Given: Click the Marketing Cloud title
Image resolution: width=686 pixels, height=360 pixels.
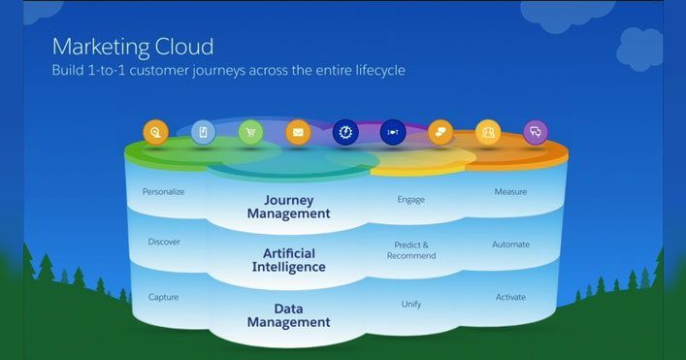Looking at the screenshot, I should pos(132,46).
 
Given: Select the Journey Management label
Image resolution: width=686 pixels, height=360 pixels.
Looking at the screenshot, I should pos(289,207).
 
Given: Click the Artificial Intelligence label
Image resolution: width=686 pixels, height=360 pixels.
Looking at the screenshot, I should pos(288,259).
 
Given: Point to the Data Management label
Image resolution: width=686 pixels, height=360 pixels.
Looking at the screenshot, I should pos(289,314).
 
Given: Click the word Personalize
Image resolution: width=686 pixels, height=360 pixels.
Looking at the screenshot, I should pos(163,191).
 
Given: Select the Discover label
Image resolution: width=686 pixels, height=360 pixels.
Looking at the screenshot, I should pos(163,242).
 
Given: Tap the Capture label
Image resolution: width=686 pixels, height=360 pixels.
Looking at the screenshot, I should pos(163,296).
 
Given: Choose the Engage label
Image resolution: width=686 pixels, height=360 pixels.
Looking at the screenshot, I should pos(411,199).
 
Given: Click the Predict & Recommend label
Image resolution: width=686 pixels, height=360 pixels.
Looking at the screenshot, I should pos(411,250).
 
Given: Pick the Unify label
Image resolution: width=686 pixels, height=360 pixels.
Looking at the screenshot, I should pos(411,304).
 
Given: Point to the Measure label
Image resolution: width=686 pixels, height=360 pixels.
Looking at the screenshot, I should pos(510,191).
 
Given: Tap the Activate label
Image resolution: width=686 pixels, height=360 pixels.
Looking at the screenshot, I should pos(510,296).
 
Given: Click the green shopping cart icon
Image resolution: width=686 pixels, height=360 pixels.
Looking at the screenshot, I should pos(250,132).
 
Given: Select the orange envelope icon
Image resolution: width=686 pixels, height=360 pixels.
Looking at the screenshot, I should pos(298,132).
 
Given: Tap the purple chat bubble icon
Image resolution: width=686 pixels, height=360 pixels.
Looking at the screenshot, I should pos(535,132).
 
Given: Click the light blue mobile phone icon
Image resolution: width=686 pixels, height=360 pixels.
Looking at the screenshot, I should pos(203,132).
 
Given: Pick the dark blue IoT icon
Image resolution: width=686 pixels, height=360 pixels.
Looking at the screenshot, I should pos(393,132).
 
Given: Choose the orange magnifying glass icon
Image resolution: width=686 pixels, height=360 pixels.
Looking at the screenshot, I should pos(155,132).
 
